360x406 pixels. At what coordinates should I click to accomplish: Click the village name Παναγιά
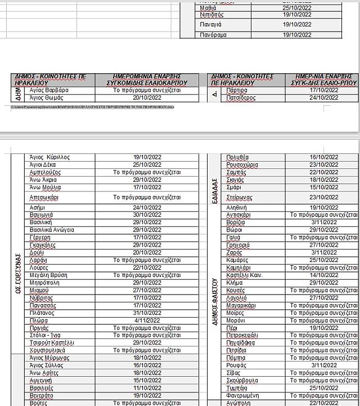211,25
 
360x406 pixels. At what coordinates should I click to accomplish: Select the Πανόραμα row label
213,35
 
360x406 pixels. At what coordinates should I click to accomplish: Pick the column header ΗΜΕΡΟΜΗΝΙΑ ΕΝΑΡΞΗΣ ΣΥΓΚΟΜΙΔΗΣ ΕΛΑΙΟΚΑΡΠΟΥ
146,80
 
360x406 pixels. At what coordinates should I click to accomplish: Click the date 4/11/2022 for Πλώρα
147,320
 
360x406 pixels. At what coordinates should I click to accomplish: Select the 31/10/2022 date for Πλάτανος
147,313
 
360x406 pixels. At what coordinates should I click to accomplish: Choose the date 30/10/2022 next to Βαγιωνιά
147,215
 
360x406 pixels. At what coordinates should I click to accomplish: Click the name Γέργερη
41,238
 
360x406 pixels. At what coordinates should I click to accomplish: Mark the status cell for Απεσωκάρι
147,198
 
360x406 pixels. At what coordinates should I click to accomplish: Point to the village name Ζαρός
235,253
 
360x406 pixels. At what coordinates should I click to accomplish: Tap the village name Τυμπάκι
237,388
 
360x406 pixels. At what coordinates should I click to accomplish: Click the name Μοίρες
235,313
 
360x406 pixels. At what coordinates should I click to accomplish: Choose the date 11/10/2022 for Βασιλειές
147,388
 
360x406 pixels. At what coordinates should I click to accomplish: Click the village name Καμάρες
237,260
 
